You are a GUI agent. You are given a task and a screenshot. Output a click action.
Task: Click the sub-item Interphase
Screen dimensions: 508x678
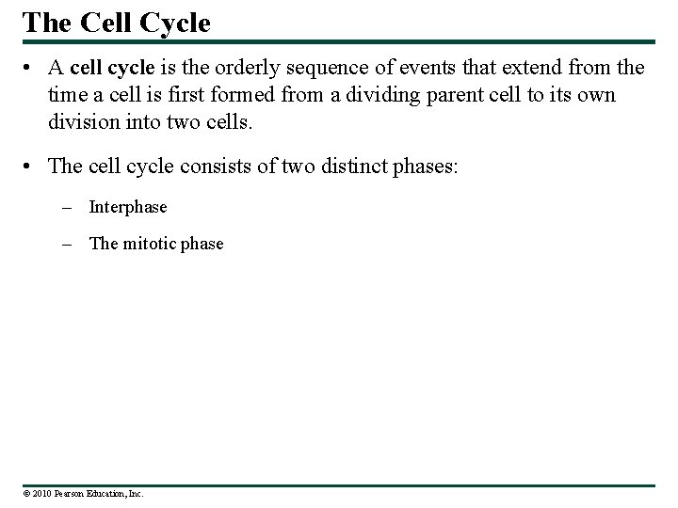click(x=127, y=207)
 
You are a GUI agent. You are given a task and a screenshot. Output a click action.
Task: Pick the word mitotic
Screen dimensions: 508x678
click(x=149, y=244)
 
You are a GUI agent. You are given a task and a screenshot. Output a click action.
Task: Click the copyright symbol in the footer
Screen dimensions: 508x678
click(x=27, y=493)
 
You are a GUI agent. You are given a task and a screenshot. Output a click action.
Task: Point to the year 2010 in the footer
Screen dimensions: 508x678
click(x=41, y=493)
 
